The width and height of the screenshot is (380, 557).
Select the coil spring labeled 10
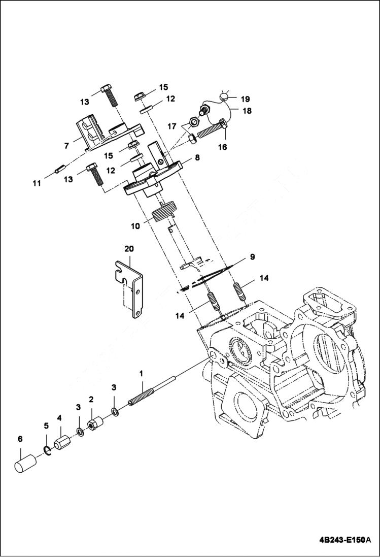[167, 209]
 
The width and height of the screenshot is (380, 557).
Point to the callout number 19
[245, 99]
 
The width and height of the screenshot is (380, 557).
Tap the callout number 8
[197, 158]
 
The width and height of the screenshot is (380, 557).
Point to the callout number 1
[143, 373]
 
